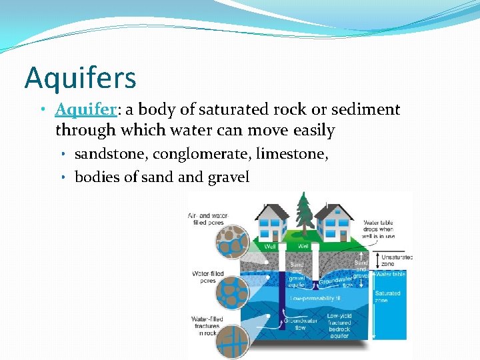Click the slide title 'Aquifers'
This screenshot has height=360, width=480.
[81, 77]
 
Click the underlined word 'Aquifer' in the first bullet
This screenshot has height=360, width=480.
[81, 109]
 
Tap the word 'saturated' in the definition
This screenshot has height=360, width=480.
[211, 109]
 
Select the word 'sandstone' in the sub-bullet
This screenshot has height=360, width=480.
[111, 154]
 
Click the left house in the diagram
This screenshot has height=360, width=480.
[269, 223]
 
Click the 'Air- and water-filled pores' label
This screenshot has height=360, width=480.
[209, 220]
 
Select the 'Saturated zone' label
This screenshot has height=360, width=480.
[387, 297]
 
